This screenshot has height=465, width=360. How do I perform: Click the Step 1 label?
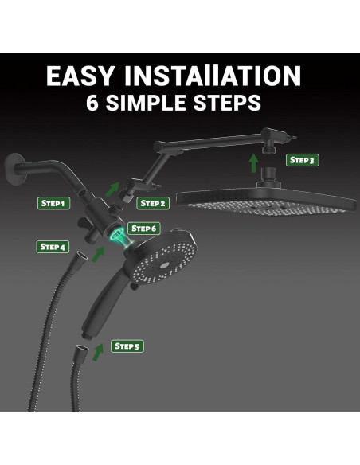pyautogui.click(x=53, y=204)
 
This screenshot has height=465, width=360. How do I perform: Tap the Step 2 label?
pyautogui.click(x=153, y=204)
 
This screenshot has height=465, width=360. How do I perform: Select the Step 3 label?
pyautogui.click(x=302, y=160)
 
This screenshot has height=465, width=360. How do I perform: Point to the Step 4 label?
pyautogui.click(x=53, y=247)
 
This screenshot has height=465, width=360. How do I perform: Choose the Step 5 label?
pyautogui.click(x=127, y=346)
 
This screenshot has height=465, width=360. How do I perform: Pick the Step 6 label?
pyautogui.click(x=144, y=229)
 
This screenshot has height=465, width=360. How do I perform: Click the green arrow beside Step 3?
pyautogui.click(x=253, y=162)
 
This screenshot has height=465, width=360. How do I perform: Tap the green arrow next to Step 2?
pyautogui.click(x=112, y=190)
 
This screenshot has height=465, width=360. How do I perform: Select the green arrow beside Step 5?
pyautogui.click(x=98, y=352)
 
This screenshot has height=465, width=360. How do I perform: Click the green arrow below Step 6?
pyautogui.click(x=98, y=255)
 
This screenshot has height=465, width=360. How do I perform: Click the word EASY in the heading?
pyautogui.click(x=80, y=76)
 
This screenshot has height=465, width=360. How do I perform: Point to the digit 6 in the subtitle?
pyautogui.click(x=92, y=103)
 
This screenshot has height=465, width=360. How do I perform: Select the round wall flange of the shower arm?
pyautogui.click(x=15, y=169)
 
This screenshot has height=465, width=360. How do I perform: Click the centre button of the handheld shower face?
pyautogui.click(x=163, y=265)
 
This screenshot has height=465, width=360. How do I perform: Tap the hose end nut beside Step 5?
pyautogui.click(x=81, y=350)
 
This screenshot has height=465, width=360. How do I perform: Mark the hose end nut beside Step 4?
pyautogui.click(x=81, y=256)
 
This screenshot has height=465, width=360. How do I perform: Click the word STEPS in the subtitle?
pyautogui.click(x=227, y=103)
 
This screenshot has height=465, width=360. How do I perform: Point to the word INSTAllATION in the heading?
pyautogui.click(x=213, y=76)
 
